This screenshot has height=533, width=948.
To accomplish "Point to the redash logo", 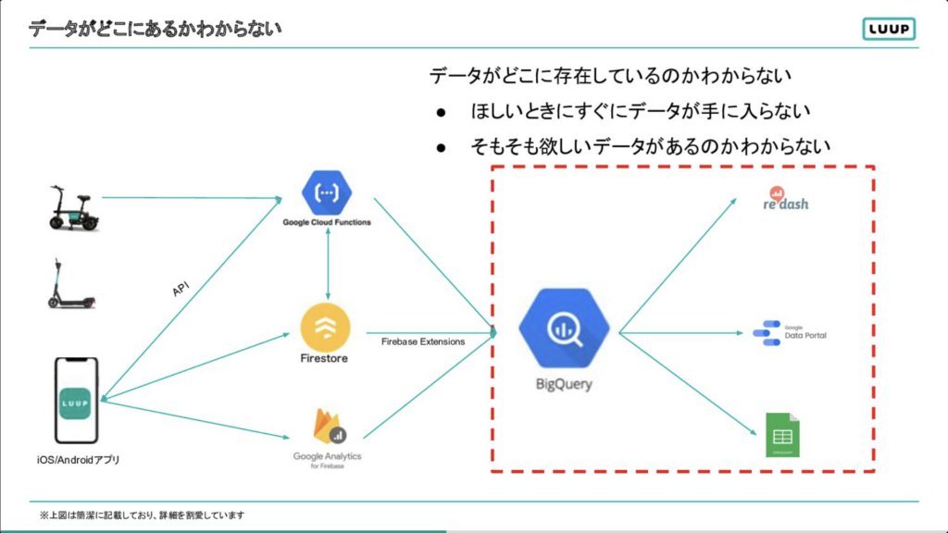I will point(786,199).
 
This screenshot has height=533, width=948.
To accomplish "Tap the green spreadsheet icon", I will point(782,435).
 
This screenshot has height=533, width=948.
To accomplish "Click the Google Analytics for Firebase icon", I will point(326,428).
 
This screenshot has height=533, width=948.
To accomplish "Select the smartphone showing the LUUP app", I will point(77,399).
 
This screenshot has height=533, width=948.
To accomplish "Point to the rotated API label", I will point(181,290).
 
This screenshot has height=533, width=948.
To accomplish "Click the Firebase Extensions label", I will point(422,341).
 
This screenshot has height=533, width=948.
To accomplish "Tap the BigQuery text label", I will point(564,384).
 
